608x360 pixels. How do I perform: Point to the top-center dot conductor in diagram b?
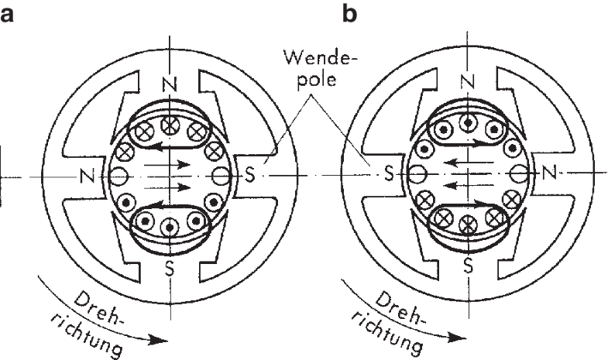pyautogui.click(x=465, y=122)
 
